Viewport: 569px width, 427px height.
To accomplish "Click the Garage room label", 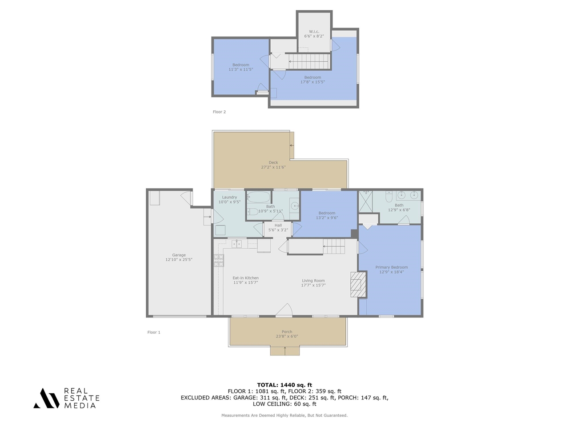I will [179, 255].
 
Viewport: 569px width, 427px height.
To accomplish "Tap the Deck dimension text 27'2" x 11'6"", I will [273, 167].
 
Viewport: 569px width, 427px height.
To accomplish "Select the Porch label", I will [287, 332].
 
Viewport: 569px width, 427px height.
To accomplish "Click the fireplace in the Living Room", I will [358, 285].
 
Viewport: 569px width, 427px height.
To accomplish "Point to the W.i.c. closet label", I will [314, 32].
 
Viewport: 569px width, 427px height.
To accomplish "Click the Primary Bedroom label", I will [391, 267].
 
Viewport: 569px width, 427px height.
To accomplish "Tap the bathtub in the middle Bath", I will [259, 197].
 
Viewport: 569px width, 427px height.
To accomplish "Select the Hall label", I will [278, 226].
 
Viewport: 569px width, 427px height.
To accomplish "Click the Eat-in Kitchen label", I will [245, 278].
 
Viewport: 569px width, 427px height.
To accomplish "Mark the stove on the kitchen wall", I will [219, 260].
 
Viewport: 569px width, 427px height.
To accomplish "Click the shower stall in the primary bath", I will [365, 201].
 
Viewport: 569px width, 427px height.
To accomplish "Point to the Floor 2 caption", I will [219, 112].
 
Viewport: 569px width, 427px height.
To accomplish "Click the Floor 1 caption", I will [154, 332].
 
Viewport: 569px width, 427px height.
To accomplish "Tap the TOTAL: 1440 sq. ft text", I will [284, 385].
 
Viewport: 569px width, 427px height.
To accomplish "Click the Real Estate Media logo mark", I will [47, 398].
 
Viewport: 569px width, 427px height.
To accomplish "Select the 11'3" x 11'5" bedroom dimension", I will [240, 69].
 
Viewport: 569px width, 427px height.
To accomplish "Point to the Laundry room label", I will [229, 197].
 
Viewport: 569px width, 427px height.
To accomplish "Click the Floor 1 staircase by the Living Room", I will [333, 246].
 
